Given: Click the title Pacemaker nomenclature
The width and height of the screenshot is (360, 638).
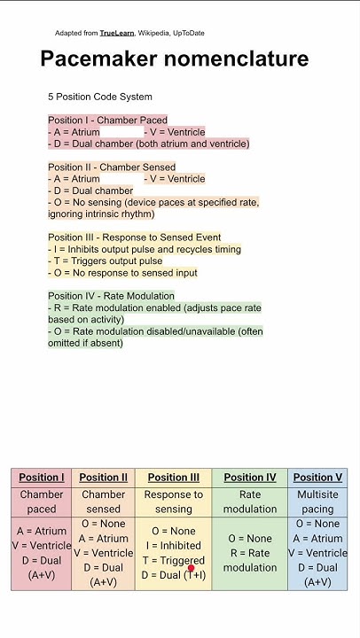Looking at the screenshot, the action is [x=175, y=59].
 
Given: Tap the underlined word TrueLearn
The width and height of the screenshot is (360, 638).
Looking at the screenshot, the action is [x=117, y=33].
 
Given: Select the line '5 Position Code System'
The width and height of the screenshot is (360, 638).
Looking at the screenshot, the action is [x=100, y=97].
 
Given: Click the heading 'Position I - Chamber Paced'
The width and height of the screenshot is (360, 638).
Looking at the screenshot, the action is [x=107, y=120].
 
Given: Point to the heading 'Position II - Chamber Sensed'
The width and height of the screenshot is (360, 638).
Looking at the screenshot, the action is [x=112, y=167].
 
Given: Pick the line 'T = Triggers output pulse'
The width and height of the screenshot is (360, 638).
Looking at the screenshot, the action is [x=106, y=261].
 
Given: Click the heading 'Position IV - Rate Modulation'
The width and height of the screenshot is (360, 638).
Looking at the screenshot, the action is [x=112, y=296].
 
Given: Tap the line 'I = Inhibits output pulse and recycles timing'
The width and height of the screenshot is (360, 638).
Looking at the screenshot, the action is [x=145, y=249].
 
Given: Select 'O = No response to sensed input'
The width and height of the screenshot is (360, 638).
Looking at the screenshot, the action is [x=122, y=273].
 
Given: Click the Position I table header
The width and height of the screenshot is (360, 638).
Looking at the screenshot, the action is [x=42, y=478].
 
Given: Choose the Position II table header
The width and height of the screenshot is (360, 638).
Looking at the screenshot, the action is [x=103, y=478].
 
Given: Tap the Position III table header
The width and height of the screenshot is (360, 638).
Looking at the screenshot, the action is [x=174, y=478].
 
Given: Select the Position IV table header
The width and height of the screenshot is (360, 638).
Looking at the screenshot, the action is [x=250, y=478].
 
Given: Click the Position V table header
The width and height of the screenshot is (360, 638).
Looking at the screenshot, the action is [x=317, y=478].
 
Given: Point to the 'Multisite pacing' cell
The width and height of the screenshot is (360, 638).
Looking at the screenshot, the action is [x=317, y=502].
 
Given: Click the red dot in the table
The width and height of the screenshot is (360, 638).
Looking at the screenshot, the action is [x=191, y=569].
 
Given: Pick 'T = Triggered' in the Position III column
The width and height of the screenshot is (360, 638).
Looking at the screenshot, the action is [x=173, y=560].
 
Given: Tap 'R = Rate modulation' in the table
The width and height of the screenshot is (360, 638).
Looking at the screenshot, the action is [x=250, y=560].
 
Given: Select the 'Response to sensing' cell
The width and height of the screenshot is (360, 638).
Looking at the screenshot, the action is [x=174, y=502].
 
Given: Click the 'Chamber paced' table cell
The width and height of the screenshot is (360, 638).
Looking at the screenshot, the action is [x=42, y=502].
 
